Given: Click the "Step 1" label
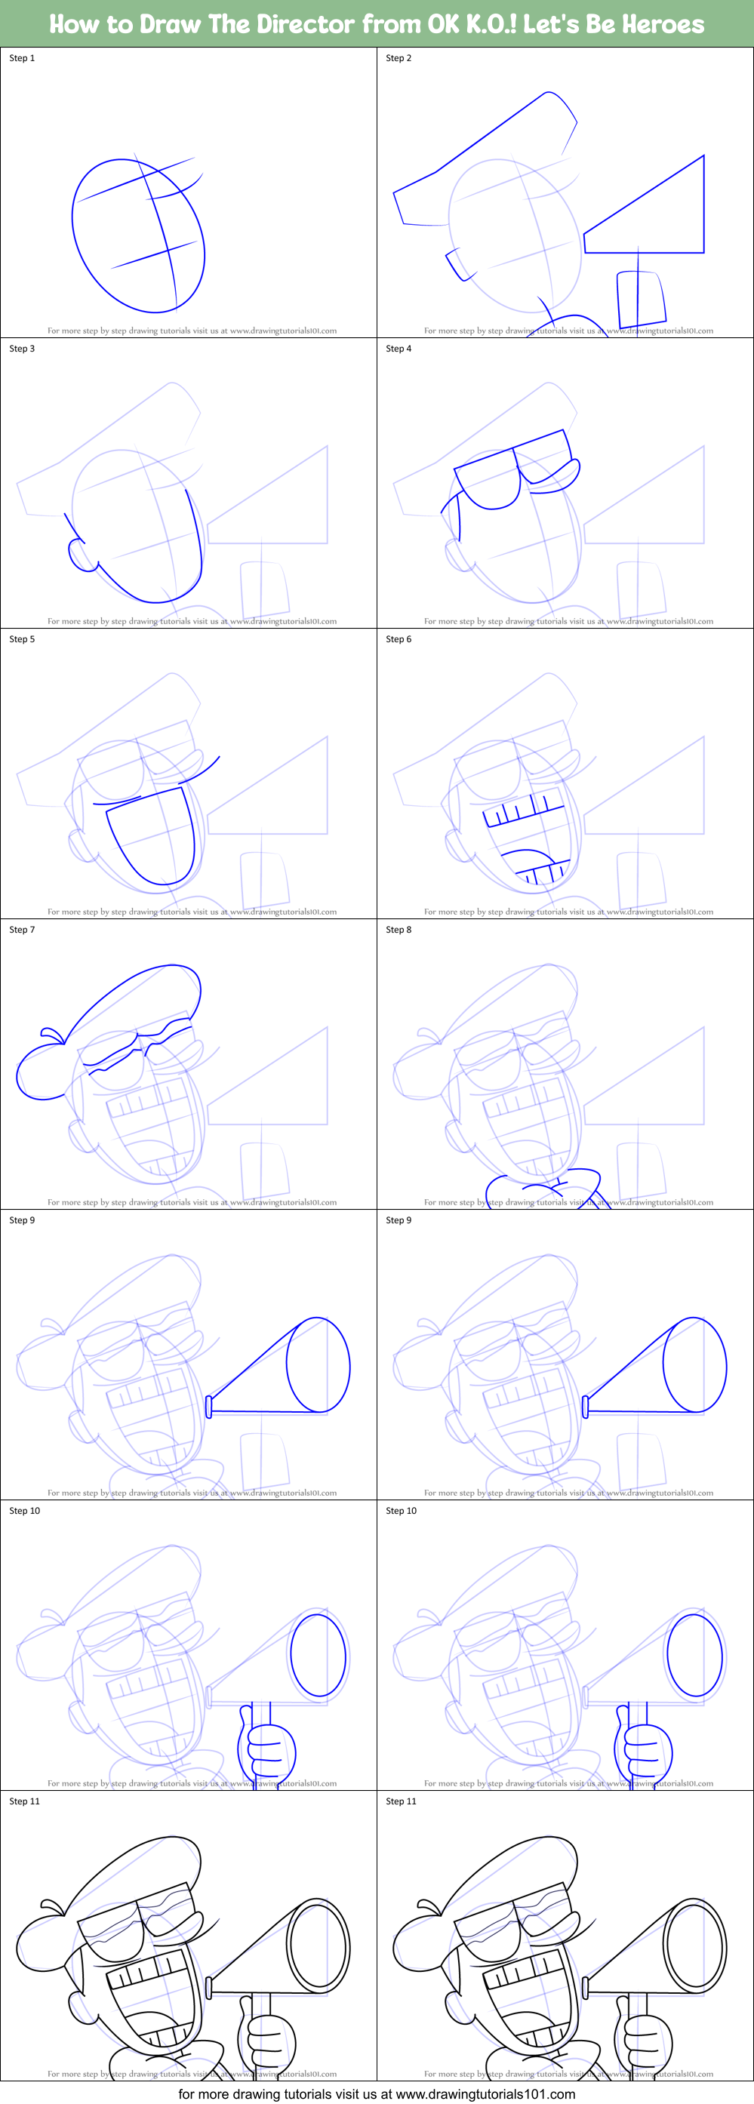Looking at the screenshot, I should click(x=22, y=58).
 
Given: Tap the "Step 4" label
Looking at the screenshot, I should click(x=399, y=349).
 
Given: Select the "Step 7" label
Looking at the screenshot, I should click(x=22, y=930).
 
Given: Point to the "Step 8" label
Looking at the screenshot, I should click(x=399, y=930).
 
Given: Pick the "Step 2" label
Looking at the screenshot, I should click(x=399, y=58).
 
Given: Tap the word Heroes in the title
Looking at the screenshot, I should click(x=663, y=23).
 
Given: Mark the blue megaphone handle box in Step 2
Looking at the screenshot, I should click(x=641, y=299).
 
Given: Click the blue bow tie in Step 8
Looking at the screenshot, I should click(x=543, y=1189).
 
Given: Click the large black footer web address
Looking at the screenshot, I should click(x=377, y=2093).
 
